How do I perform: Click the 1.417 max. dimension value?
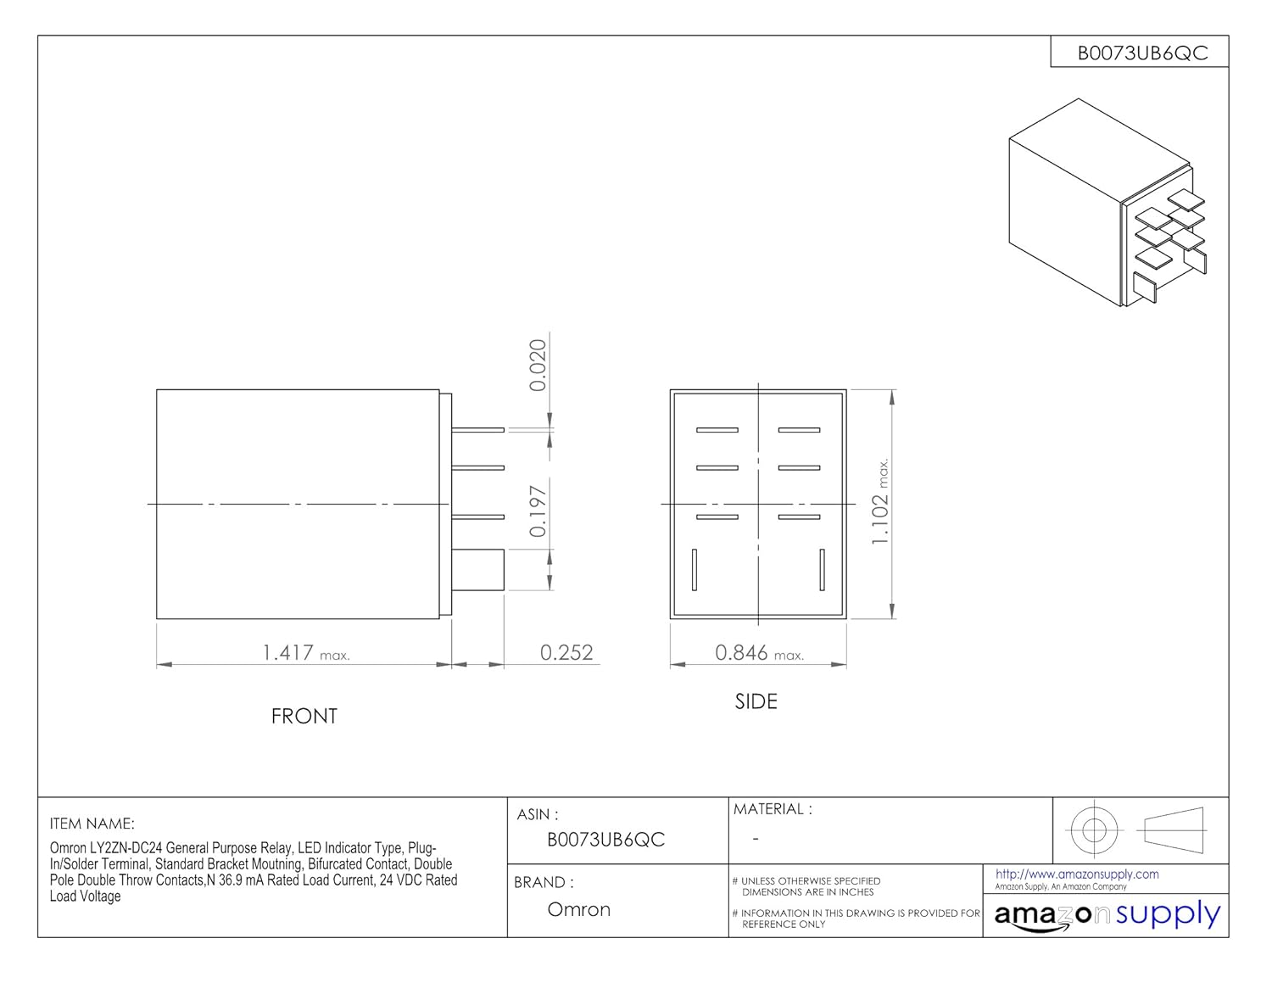pyautogui.click(x=305, y=653)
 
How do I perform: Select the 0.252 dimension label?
pyautogui.click(x=566, y=653)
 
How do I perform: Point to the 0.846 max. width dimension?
pyautogui.click(x=759, y=653)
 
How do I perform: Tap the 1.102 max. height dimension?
pyautogui.click(x=880, y=501)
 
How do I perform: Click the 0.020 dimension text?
pyautogui.click(x=538, y=365)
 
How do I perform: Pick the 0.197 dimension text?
pyautogui.click(x=538, y=511)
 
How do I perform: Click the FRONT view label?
pyautogui.click(x=304, y=716)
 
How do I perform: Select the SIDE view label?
pyautogui.click(x=756, y=701)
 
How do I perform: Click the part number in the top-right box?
pyautogui.click(x=1142, y=53)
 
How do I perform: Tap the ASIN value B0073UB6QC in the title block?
pyautogui.click(x=605, y=840)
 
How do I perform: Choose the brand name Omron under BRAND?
pyautogui.click(x=578, y=909)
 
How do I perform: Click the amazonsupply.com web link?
pyautogui.click(x=1077, y=874)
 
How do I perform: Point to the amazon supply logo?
pyautogui.click(x=1107, y=915)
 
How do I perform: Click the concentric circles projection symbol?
pyautogui.click(x=1094, y=830)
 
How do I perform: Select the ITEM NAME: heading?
pyautogui.click(x=92, y=824)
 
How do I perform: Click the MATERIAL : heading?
pyautogui.click(x=773, y=809)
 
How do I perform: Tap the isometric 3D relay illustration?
pyautogui.click(x=1107, y=203)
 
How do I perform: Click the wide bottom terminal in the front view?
pyautogui.click(x=477, y=570)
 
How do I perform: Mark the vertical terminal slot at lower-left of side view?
pyautogui.click(x=695, y=570)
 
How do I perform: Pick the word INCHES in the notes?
pyautogui.click(x=856, y=892)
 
